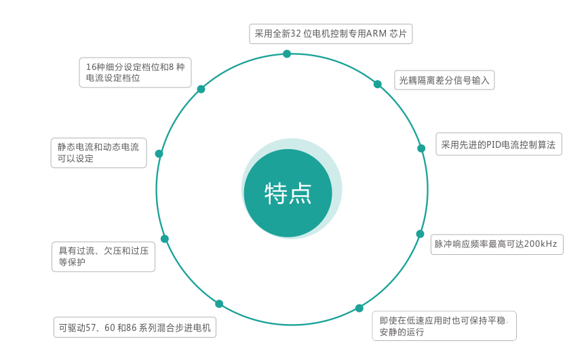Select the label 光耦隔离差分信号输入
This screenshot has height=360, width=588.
[x=444, y=79]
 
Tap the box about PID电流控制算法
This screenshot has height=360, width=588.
[x=498, y=144]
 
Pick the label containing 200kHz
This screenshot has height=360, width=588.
[x=496, y=243]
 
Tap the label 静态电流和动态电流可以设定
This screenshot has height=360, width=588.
[x=98, y=153]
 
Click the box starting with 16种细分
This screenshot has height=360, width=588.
[x=136, y=73]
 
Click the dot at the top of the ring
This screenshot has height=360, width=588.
[x=287, y=54]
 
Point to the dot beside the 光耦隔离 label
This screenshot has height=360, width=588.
[x=378, y=84]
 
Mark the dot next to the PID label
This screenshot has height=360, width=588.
[x=421, y=148]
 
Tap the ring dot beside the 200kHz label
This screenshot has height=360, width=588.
[x=420, y=234]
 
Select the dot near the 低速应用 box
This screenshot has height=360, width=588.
[x=359, y=308]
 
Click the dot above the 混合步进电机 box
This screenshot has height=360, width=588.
[x=219, y=304]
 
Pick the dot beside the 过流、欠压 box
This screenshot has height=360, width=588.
[x=164, y=239]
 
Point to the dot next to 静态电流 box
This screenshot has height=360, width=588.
[x=159, y=154]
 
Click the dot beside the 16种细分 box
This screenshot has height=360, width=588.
[x=201, y=89]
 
